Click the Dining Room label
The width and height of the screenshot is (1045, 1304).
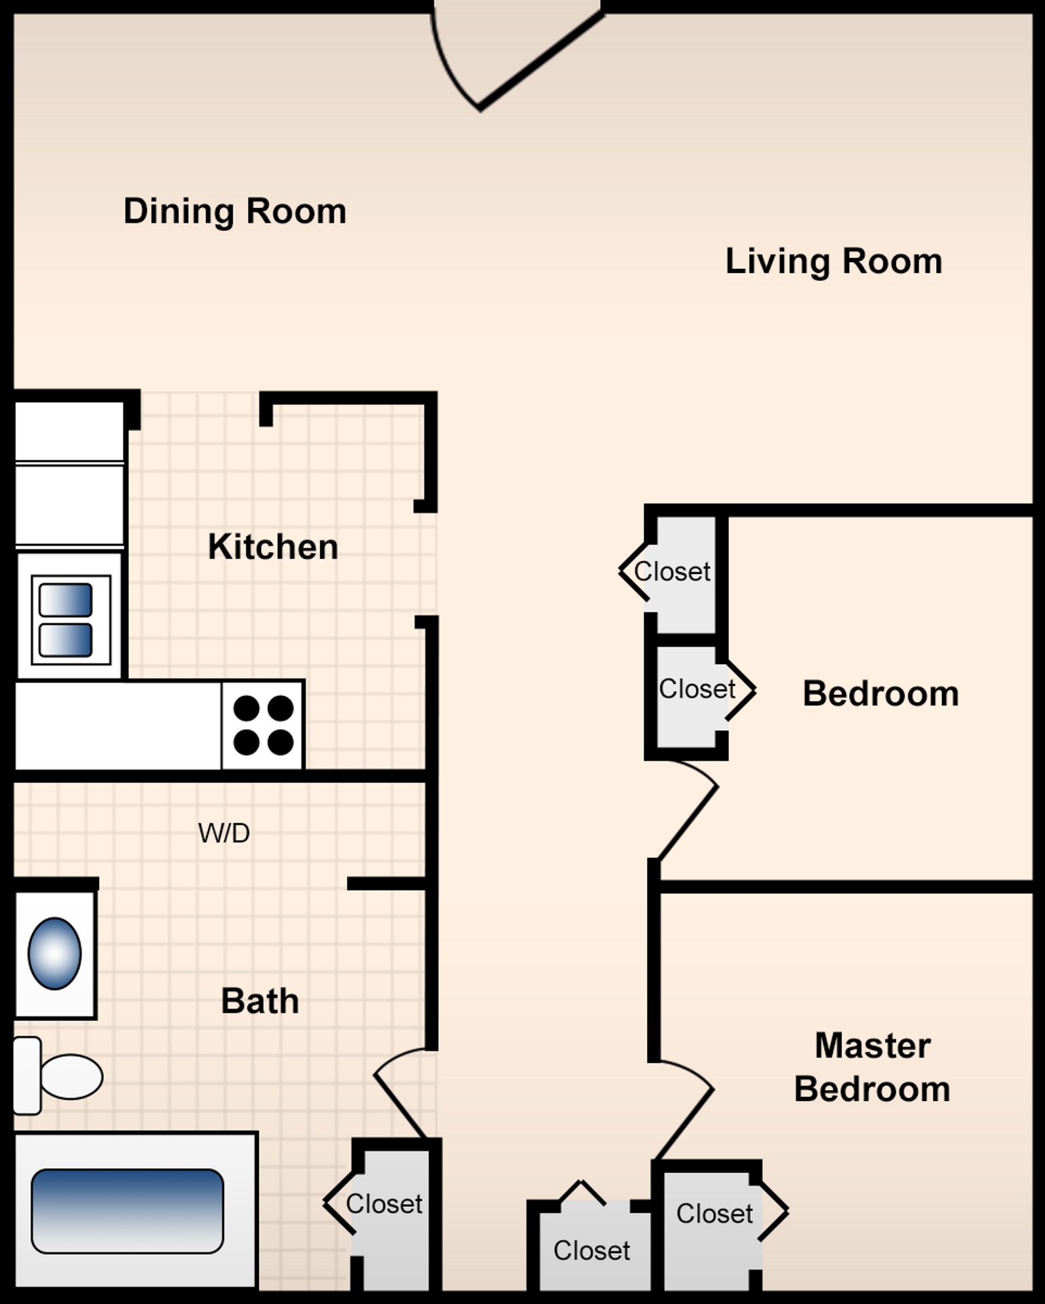click(234, 211)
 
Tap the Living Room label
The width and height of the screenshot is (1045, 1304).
click(833, 261)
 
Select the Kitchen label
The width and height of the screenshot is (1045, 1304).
click(272, 547)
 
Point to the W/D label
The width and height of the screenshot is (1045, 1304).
click(224, 833)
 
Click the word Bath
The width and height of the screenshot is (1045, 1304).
click(260, 1001)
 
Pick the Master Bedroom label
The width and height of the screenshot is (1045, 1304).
click(872, 1067)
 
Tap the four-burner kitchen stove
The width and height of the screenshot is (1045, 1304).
click(262, 725)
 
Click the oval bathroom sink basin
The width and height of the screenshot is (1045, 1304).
click(54, 954)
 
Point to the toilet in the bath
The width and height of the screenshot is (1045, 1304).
click(61, 1076)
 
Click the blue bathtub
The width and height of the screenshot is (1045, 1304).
click(128, 1211)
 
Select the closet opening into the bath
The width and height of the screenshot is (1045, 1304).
click(385, 1204)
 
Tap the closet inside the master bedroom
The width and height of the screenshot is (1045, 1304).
click(714, 1214)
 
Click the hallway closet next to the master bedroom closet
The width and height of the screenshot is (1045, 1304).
click(591, 1250)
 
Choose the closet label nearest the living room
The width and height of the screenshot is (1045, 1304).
click(672, 572)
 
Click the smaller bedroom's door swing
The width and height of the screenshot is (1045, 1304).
click(686, 812)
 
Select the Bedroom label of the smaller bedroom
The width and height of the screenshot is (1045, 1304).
click(880, 693)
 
